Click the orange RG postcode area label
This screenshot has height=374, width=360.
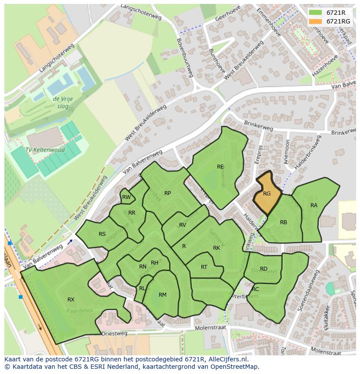267,194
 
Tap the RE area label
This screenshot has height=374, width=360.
220,166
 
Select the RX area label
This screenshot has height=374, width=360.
71,299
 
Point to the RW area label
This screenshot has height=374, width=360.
126,197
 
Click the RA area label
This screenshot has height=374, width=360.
314,205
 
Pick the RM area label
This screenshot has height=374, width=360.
163,295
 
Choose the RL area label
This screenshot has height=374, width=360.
142,288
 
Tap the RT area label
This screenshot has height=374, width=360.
204,267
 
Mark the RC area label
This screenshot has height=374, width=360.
255,289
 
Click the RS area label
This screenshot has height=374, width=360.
102,234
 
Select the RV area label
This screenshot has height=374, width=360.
183,225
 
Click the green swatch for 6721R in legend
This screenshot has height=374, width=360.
316,13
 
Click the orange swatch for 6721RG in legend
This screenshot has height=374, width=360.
316,21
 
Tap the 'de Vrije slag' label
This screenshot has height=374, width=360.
63,103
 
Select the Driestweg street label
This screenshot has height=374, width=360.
114,334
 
